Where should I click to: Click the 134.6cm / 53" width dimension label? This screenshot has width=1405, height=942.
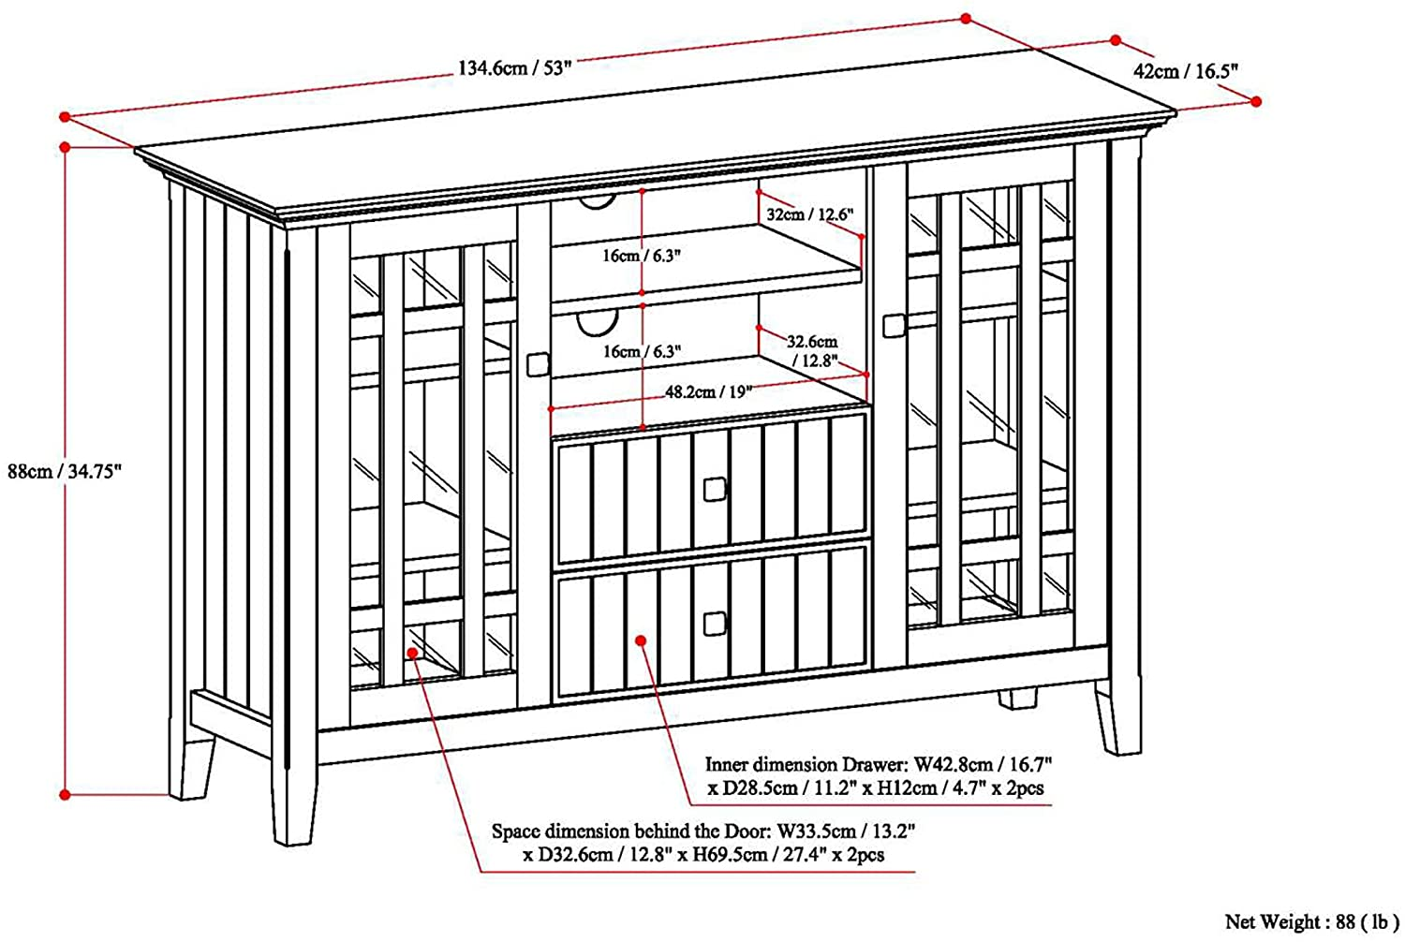click(515, 67)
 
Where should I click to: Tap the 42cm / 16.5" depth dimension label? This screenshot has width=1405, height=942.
click(1186, 71)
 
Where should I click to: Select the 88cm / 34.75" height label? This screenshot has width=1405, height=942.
click(64, 471)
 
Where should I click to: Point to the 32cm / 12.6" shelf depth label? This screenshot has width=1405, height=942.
click(810, 214)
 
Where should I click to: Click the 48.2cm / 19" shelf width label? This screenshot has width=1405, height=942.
click(708, 392)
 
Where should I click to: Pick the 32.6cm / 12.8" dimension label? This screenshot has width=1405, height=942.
click(813, 350)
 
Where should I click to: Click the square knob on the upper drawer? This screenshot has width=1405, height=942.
click(715, 489)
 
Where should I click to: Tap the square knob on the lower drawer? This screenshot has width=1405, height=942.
click(715, 624)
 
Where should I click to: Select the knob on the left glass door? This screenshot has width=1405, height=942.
click(539, 364)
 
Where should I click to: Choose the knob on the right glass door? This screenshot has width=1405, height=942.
click(895, 326)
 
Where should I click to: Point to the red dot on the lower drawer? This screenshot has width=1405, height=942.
click(641, 640)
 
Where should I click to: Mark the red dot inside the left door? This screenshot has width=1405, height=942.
click(412, 653)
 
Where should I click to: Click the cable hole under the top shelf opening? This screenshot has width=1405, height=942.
click(598, 202)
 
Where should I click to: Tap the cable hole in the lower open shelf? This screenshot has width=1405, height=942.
click(598, 324)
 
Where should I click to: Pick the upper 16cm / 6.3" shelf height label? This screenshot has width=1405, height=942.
click(642, 256)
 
